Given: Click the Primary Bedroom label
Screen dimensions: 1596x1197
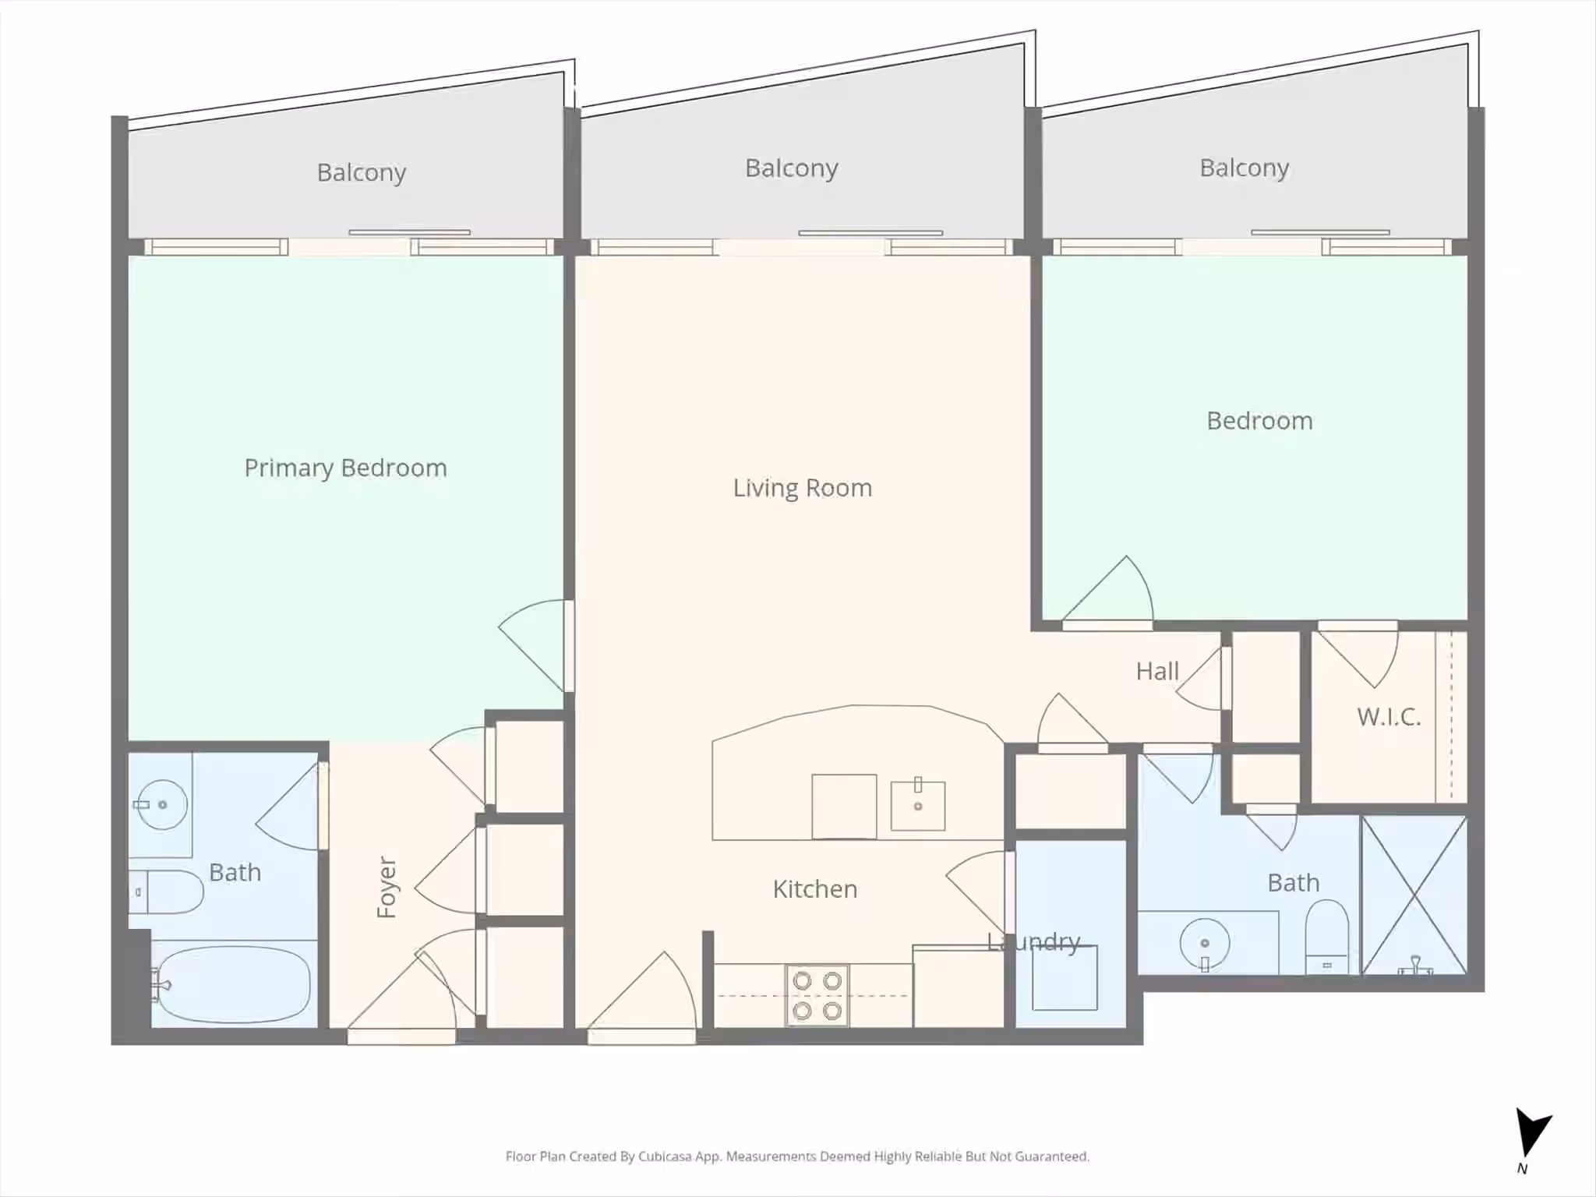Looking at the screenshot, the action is [x=345, y=468].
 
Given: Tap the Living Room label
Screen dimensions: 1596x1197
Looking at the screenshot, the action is [x=803, y=488].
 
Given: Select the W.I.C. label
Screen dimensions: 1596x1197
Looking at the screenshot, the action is [x=1389, y=717].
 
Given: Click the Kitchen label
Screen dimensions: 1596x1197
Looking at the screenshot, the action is [x=815, y=889].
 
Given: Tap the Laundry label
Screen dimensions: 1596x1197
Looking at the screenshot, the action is [x=1033, y=942].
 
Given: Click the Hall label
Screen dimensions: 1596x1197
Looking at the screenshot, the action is [x=1157, y=671].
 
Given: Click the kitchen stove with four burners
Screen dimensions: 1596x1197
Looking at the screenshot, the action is [x=817, y=995].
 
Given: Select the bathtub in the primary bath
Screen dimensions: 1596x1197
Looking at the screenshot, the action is [x=232, y=984].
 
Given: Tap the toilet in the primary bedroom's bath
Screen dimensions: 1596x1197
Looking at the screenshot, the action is [x=166, y=892].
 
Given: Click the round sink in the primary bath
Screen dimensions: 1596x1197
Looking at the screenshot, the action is [x=161, y=804].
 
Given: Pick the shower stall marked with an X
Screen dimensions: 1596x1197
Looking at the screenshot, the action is [x=1414, y=895].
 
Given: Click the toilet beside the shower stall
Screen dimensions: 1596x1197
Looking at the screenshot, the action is [x=1326, y=937].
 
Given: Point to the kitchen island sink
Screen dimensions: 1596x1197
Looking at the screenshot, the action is [x=918, y=805].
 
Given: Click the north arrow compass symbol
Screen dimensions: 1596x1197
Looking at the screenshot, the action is [x=1532, y=1134].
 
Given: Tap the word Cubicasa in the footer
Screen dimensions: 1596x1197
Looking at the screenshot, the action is [x=665, y=1156].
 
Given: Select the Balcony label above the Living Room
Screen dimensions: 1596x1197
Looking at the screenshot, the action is [x=792, y=168].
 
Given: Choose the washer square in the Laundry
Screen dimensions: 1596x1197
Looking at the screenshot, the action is [x=1065, y=978].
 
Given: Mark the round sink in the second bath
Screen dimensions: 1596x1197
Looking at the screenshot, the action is [x=1205, y=944].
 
